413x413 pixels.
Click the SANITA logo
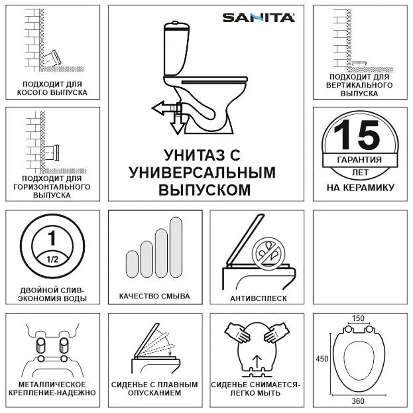tap(259, 17)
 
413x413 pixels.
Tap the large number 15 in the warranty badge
tap(357, 135)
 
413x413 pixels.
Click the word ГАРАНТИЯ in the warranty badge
tap(359, 160)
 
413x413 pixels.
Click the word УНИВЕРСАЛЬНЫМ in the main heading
tap(202, 172)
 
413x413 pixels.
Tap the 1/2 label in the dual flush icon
tap(52, 260)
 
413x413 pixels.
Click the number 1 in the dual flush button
tap(52, 238)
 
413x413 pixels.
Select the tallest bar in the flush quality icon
tap(175, 248)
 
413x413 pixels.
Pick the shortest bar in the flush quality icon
tap(132, 264)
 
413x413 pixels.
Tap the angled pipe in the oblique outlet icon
tap(53, 58)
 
